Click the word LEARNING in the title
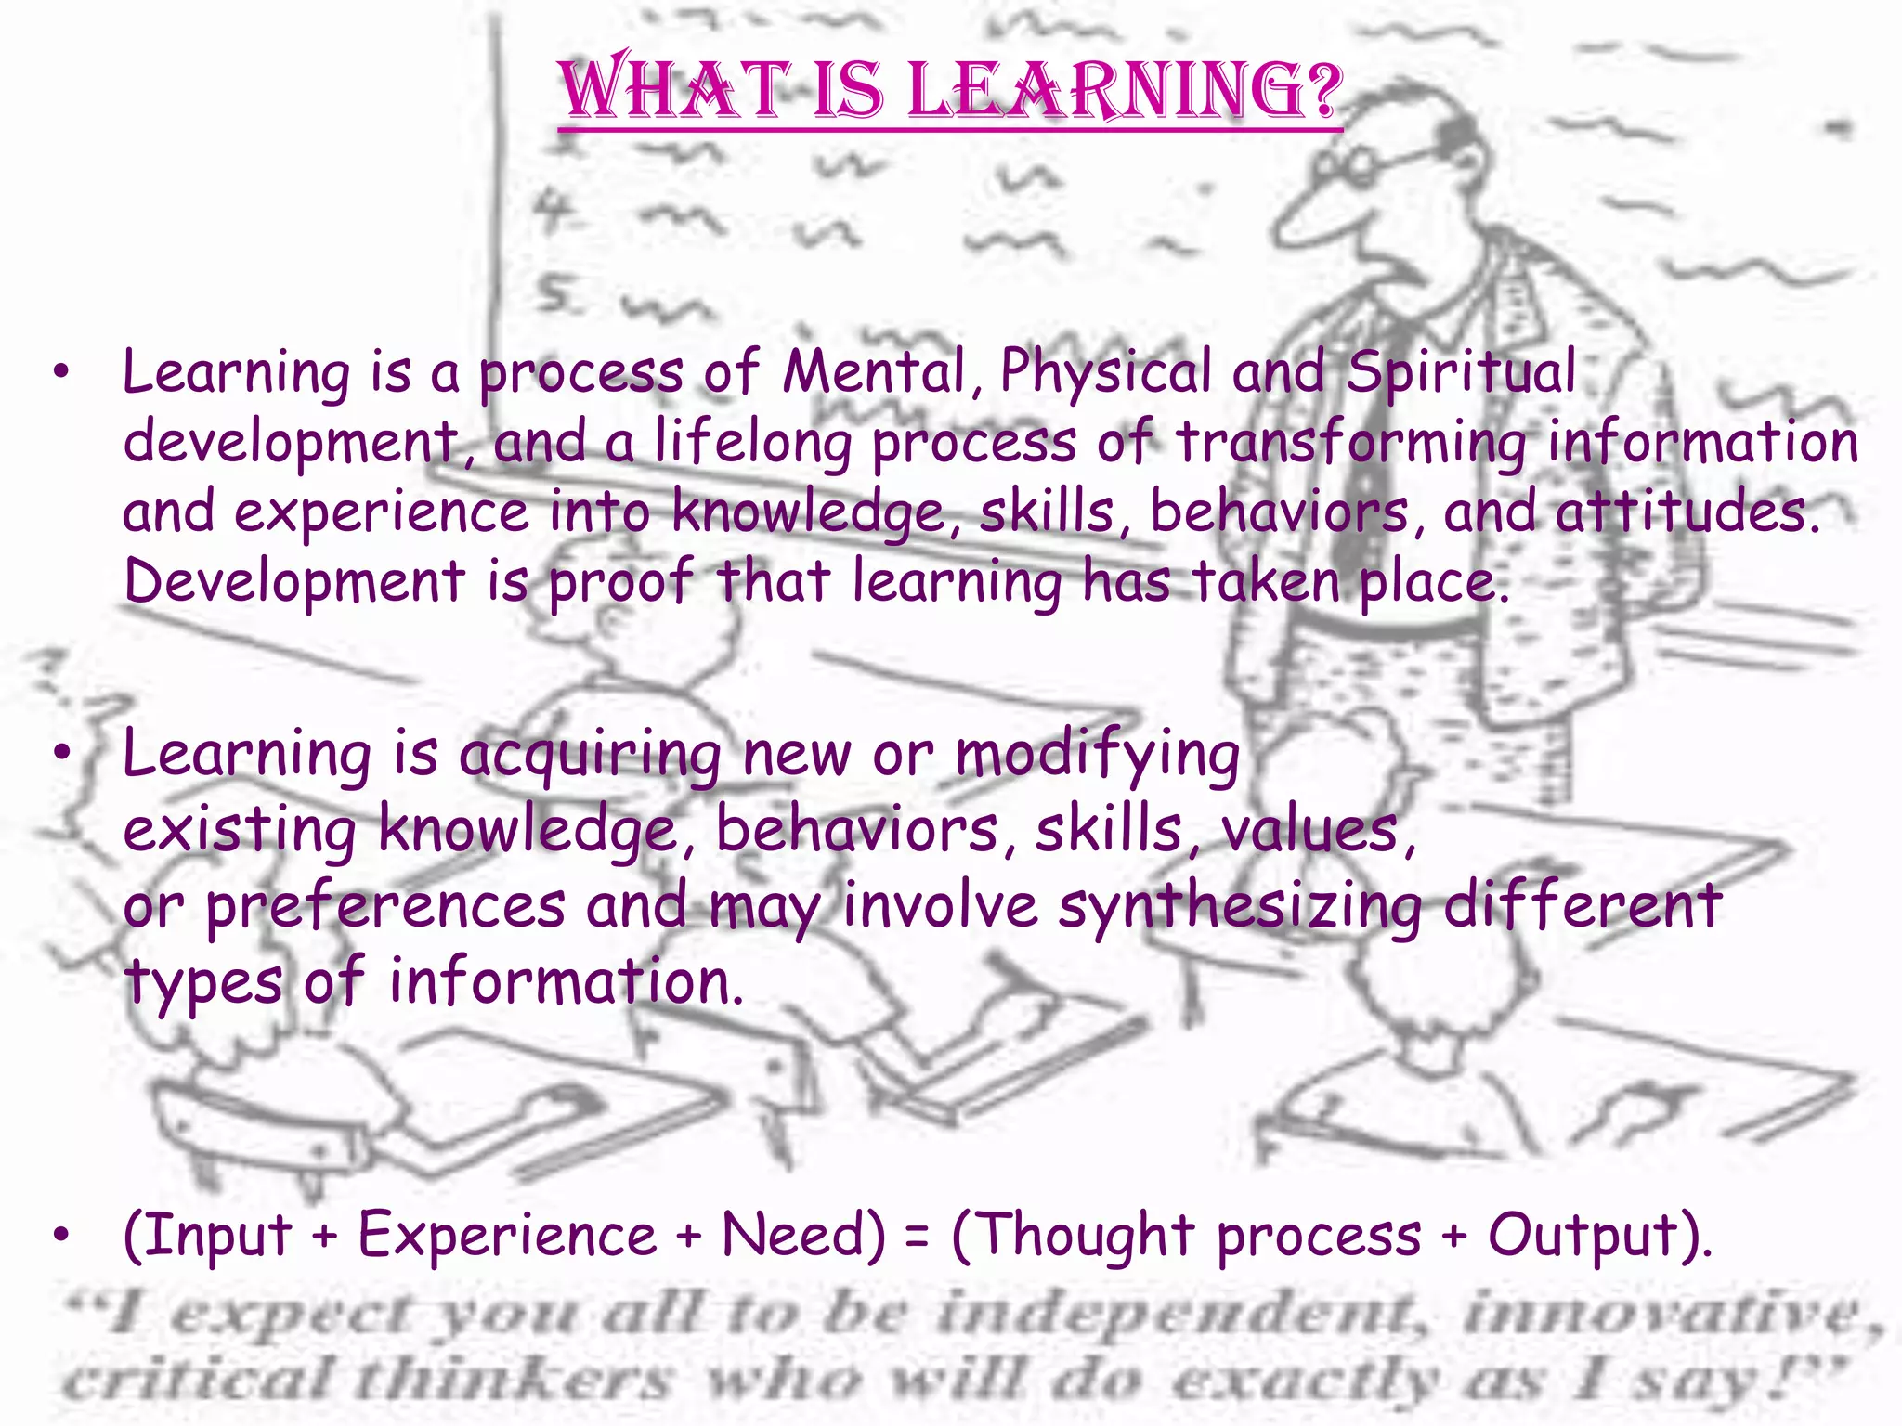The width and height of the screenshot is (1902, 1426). [1125, 91]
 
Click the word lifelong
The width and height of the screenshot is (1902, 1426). [752, 443]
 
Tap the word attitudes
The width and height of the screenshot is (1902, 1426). [1687, 512]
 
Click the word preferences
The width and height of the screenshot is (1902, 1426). [385, 908]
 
